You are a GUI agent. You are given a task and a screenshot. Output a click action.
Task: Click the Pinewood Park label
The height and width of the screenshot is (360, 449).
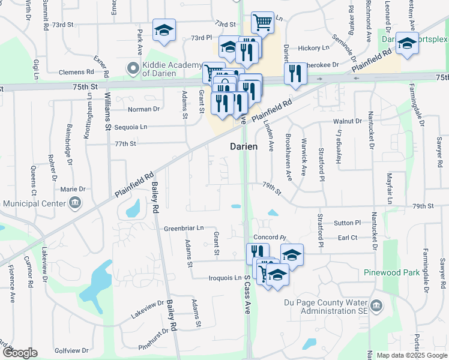tap(391, 272)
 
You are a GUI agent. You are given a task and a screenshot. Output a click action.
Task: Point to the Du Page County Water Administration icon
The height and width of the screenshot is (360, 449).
tap(376, 306)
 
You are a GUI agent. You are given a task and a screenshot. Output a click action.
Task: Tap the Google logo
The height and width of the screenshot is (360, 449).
tap(20, 353)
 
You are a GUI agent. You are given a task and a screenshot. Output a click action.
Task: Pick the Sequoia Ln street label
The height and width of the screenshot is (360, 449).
tap(130, 127)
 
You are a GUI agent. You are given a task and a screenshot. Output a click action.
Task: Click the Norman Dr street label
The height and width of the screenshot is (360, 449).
tap(143, 109)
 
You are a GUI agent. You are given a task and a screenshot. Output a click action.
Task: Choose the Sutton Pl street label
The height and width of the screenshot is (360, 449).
tap(347, 223)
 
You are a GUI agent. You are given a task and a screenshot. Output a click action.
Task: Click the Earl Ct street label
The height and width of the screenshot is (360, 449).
tap(348, 238)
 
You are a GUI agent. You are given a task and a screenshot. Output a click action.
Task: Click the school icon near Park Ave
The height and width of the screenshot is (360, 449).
tap(163, 30)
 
